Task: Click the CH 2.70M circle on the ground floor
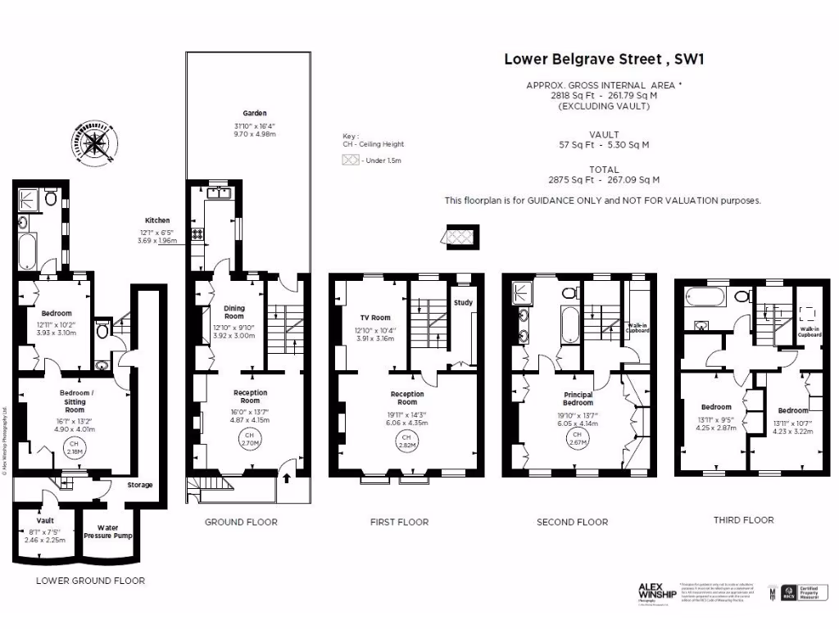250,439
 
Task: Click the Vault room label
45,521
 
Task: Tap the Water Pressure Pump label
114,532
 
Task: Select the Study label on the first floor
463,303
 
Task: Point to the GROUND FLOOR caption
241,522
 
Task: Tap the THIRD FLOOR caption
743,520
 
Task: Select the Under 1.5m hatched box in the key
351,161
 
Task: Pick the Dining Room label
234,312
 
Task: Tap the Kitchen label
157,220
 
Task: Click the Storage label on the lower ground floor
139,485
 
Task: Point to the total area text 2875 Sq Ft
603,179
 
